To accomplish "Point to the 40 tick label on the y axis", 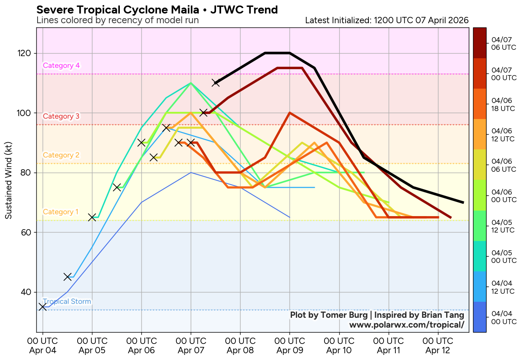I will click(x=27, y=292).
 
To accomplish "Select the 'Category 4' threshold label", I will click(x=61, y=65).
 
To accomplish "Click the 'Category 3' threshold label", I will click(x=61, y=116).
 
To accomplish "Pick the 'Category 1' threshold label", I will click(x=61, y=212).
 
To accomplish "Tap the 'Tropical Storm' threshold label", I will click(x=67, y=302).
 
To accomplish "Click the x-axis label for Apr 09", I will click(x=289, y=346).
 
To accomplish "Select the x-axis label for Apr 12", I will click(x=438, y=346).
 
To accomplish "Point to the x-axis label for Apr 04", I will click(x=42, y=346).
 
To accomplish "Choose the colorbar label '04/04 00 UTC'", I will click(x=503, y=317).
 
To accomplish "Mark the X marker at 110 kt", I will click(x=216, y=82).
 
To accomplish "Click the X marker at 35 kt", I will click(x=43, y=306).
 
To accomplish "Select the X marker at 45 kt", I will click(x=68, y=276).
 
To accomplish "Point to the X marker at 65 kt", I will click(x=92, y=217).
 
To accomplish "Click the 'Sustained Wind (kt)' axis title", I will click(x=8, y=180).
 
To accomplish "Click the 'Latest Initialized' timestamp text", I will click(x=387, y=20).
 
